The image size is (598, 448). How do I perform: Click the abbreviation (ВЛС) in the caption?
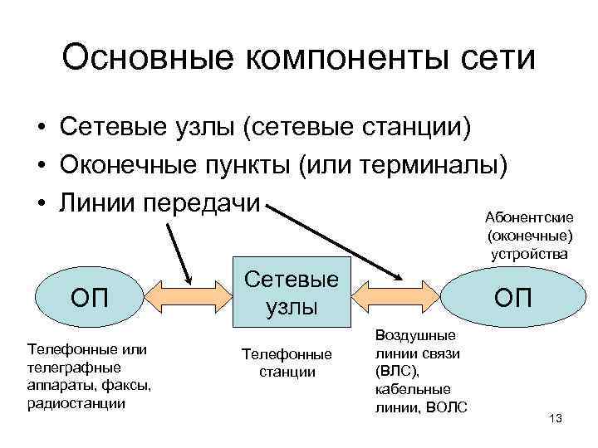(x=396, y=371)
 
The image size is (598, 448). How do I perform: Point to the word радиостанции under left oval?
(x=76, y=402)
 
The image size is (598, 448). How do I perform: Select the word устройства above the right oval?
(x=529, y=253)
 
